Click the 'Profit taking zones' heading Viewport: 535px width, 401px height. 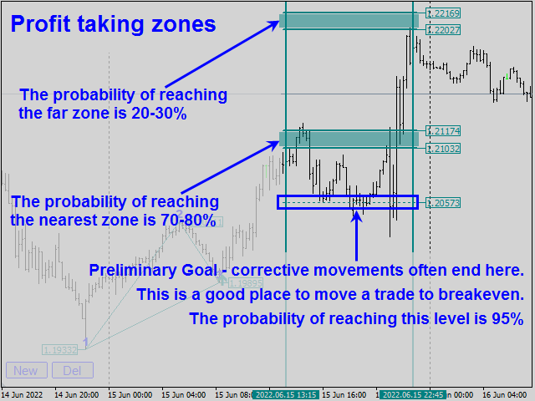(x=113, y=24)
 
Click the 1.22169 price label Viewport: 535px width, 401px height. (x=443, y=13)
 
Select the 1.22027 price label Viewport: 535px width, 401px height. (x=443, y=30)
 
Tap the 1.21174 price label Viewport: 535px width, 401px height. (x=443, y=131)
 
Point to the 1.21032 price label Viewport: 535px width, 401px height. (x=443, y=149)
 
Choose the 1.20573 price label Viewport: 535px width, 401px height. (x=443, y=203)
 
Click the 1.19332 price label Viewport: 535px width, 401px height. (x=59, y=350)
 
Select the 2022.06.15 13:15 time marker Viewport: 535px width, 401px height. (x=286, y=394)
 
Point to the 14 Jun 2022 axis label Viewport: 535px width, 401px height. (x=23, y=394)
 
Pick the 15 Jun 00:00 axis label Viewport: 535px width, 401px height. (x=130, y=394)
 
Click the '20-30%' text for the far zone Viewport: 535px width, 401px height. (x=157, y=113)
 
